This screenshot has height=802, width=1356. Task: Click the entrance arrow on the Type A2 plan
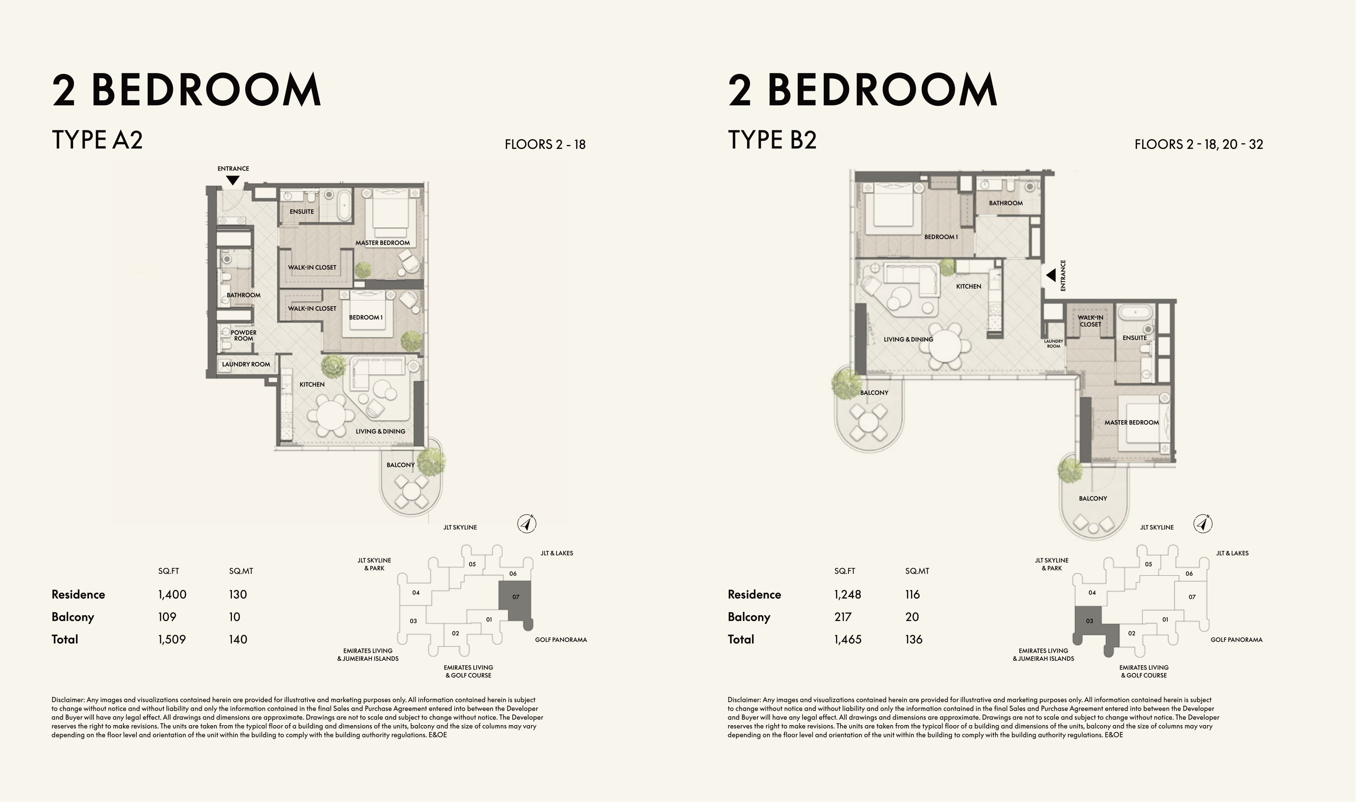233,180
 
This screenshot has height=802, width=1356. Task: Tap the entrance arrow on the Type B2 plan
1051,276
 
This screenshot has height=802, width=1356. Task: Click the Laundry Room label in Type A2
246,364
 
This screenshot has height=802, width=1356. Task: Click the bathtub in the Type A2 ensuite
344,204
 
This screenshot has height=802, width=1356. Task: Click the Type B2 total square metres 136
914,639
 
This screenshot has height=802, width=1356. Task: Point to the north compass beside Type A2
527,524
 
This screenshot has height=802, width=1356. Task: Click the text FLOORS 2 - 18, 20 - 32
1199,144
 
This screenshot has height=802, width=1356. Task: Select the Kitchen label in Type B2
968,287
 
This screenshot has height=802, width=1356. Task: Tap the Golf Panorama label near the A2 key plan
561,640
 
